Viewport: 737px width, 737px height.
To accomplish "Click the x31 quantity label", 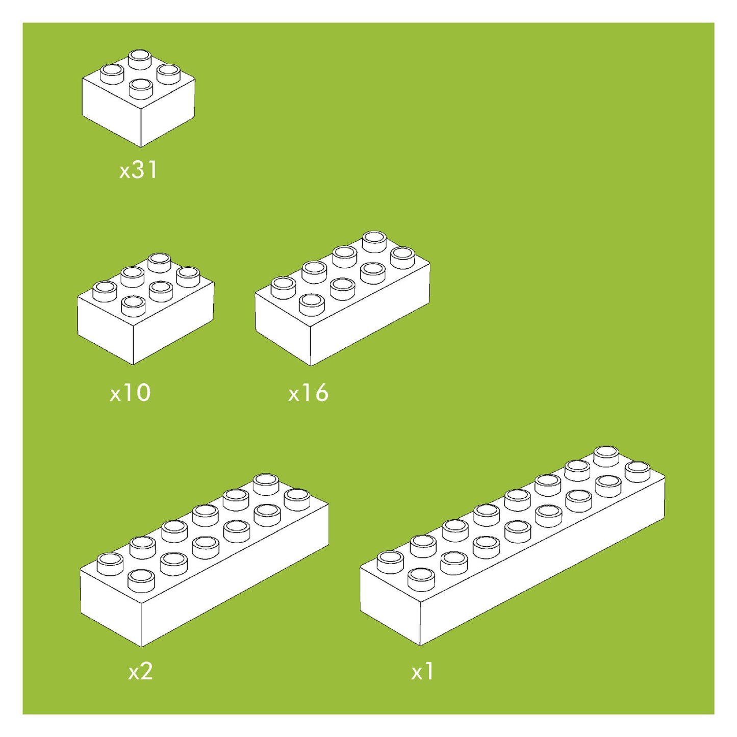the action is pos(138,170).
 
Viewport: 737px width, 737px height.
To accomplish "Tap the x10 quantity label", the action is pos(131,393).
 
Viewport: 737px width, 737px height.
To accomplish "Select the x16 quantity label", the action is pos(308,393).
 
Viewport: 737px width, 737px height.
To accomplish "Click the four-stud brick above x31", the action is pos(138,98).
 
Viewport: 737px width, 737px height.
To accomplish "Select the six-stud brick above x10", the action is pos(146,308).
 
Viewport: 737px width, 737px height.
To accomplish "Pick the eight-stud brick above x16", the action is pos(343,298).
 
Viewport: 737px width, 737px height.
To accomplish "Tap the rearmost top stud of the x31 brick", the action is pos(140,59).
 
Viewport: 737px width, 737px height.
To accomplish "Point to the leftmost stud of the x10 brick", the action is pos(105,292).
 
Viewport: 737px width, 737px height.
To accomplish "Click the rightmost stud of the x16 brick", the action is pos(403,258).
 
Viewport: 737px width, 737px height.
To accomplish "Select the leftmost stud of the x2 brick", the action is pos(111,564).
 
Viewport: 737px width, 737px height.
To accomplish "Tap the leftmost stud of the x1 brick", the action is pos(391,562).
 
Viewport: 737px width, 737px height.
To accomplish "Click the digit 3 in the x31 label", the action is pos(138,170).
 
